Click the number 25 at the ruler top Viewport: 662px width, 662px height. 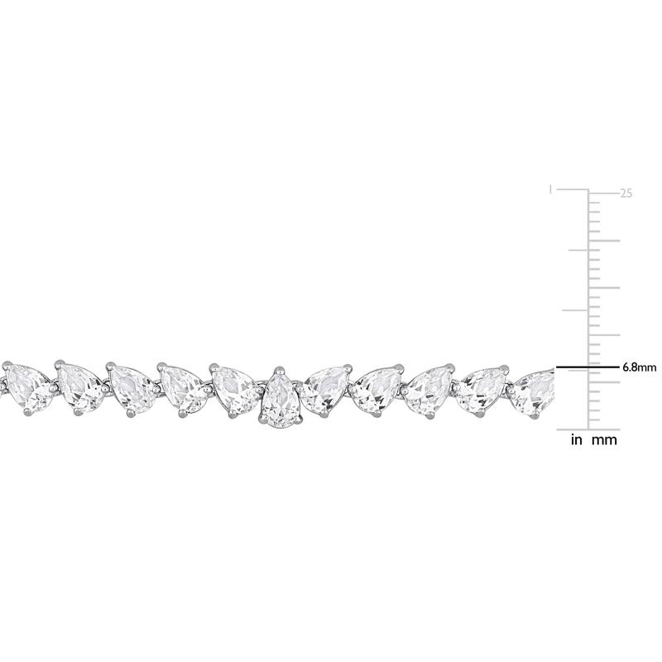pos(626,194)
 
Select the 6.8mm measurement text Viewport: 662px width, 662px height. pos(639,366)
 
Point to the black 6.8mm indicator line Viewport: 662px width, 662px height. pos(587,366)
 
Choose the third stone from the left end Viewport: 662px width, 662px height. pos(132,388)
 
